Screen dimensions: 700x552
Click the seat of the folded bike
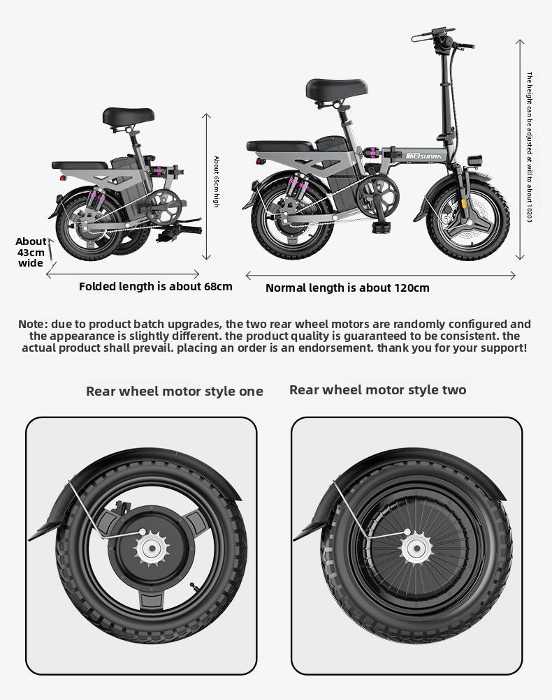pyautogui.click(x=128, y=117)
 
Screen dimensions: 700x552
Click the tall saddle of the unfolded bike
pyautogui.click(x=336, y=89)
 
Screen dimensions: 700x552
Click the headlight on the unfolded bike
pyautogui.click(x=478, y=159)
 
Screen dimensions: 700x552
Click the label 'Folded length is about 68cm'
pyautogui.click(x=155, y=286)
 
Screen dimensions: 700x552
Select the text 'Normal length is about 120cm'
pyautogui.click(x=347, y=288)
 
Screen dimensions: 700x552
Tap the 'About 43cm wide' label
pyautogui.click(x=31, y=252)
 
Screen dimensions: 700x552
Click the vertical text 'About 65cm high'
pyautogui.click(x=216, y=181)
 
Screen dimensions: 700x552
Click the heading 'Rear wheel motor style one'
pyautogui.click(x=175, y=391)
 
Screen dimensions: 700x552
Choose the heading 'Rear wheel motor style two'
pyautogui.click(x=377, y=389)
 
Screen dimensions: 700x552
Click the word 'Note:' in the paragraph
pyautogui.click(x=32, y=324)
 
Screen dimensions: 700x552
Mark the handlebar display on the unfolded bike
pyautogui.click(x=440, y=35)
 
